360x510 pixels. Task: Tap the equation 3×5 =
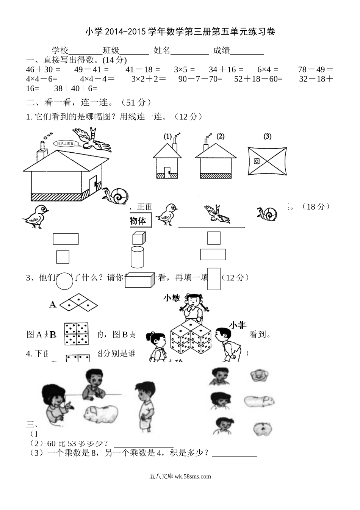(184, 69)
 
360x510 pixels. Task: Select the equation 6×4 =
(268, 69)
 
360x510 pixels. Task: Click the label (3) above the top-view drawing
(268, 136)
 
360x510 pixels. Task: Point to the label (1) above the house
(167, 137)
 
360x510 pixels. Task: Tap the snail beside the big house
(117, 196)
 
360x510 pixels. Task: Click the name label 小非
(237, 325)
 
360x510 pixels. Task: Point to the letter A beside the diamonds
(53, 304)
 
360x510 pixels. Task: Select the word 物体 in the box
(138, 221)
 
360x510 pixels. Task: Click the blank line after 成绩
(247, 51)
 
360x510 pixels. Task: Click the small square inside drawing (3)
(257, 161)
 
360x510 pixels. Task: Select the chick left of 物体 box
(36, 217)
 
